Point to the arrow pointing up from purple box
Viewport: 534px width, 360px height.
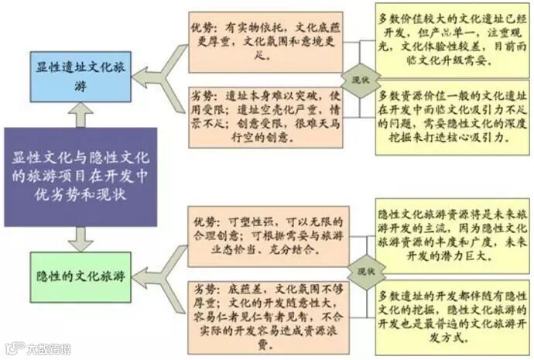(80, 115)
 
